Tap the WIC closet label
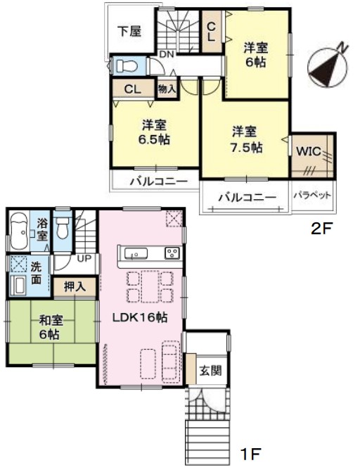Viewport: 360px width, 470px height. click(309, 151)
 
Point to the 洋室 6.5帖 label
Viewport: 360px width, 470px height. click(154, 132)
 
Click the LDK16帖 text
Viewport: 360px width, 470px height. click(139, 317)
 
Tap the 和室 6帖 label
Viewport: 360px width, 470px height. click(51, 327)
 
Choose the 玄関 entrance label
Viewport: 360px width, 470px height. click(210, 371)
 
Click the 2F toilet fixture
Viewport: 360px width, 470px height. click(126, 65)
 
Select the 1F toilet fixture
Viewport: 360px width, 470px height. click(63, 227)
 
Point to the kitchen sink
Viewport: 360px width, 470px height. click(136, 253)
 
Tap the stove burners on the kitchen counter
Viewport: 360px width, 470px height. click(172, 253)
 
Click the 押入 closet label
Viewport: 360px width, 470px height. click(75, 287)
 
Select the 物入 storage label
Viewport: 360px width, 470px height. click(167, 89)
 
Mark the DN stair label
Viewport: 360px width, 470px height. click(167, 55)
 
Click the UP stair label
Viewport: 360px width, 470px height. click(84, 258)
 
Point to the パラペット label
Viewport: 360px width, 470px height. click(312, 196)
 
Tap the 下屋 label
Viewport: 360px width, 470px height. click(129, 31)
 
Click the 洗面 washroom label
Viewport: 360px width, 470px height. click(36, 274)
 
